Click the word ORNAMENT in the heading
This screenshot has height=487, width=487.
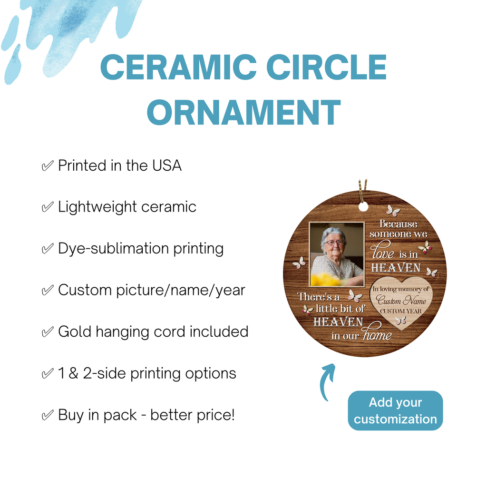244,112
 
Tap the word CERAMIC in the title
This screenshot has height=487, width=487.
178,67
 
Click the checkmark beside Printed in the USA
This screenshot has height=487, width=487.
48,166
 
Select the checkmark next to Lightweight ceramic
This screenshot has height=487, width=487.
48,207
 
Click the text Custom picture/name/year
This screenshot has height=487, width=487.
152,291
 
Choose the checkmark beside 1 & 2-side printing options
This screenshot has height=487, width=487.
48,373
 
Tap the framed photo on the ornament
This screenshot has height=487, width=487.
337,254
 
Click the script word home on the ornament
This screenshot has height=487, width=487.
377,332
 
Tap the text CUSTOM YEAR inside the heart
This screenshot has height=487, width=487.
400,311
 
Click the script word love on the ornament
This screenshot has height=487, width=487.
382,250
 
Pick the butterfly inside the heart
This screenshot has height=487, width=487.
400,320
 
